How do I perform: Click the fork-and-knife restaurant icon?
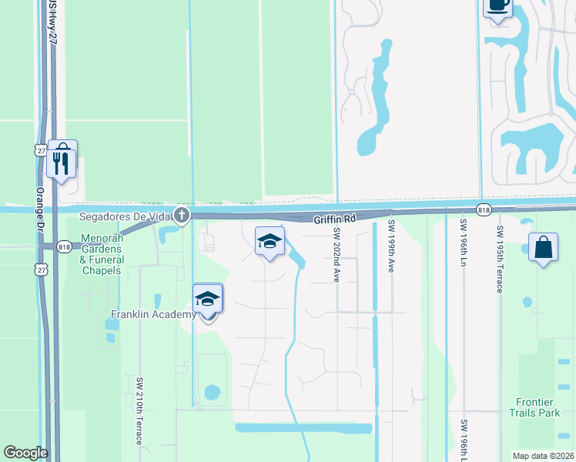click(x=62, y=161)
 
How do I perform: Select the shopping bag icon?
click(x=544, y=248)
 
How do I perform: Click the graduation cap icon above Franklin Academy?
click(x=207, y=299)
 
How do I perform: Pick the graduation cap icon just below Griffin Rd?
click(x=270, y=242)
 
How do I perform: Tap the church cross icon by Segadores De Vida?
click(x=181, y=215)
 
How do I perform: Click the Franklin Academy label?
click(x=153, y=314)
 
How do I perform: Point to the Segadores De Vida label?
click(x=124, y=216)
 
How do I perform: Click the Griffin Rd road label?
click(x=335, y=219)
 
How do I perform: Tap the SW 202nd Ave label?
click(x=337, y=255)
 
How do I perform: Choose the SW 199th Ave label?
click(x=391, y=246)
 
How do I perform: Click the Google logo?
click(x=25, y=453)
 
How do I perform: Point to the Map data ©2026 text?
click(x=543, y=456)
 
